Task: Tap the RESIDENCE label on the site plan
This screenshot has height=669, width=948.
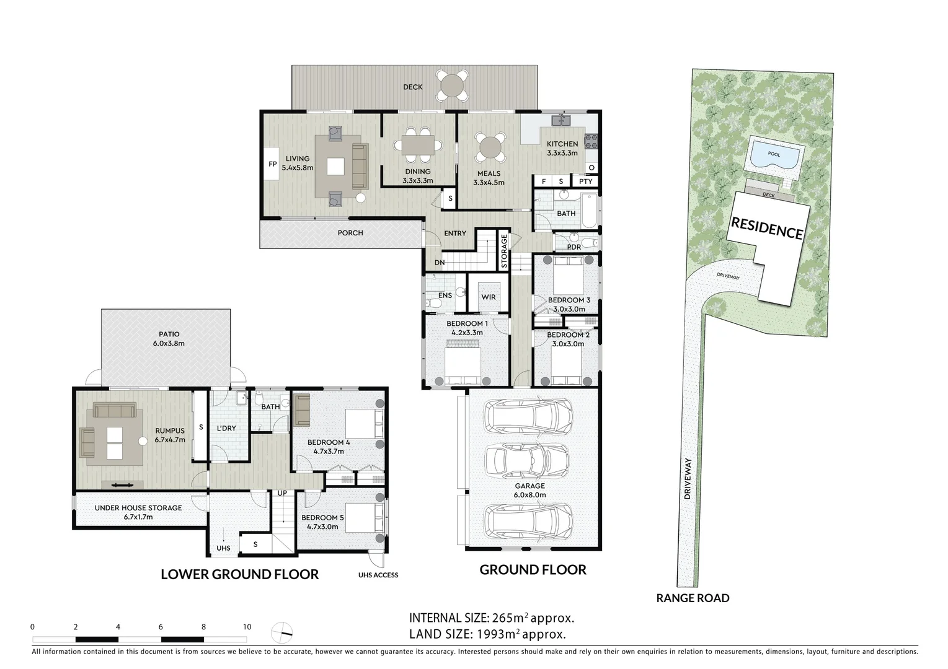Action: pos(767,227)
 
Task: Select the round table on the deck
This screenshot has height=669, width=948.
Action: pos(456,85)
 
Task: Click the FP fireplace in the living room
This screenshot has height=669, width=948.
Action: pos(272,164)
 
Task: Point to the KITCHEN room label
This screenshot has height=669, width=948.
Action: pos(562,144)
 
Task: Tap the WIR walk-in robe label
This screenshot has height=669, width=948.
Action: pos(489,297)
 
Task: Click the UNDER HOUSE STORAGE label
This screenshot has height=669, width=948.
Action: pos(138,508)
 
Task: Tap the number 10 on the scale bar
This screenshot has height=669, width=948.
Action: pos(247,627)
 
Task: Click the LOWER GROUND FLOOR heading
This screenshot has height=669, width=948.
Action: pos(239,574)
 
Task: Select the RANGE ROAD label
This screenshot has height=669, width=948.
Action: pos(693,598)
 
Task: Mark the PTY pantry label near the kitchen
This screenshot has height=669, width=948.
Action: pos(585,181)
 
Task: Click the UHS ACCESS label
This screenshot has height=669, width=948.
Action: pos(378,575)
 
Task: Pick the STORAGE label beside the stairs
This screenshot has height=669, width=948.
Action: pos(504,251)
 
